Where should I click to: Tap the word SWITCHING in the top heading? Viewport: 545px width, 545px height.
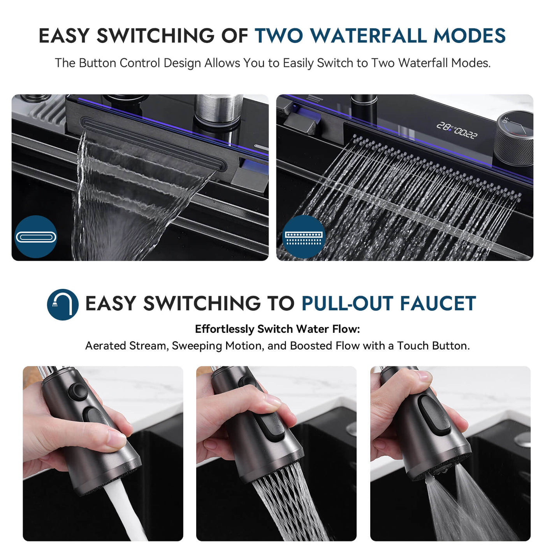155,36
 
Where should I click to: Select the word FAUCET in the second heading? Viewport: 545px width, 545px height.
438,304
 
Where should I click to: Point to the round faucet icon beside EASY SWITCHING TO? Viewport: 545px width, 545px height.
63,304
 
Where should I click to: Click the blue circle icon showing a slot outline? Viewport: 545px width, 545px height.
36,237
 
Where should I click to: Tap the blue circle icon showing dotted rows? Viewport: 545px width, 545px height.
304,237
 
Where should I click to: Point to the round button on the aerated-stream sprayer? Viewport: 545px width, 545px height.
78,390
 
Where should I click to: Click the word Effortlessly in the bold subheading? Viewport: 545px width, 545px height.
225,329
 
